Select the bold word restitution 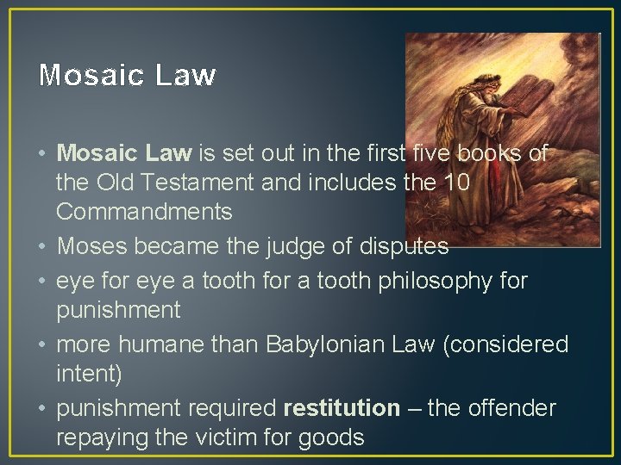342,407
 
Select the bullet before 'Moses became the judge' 42,247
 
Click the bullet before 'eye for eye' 42,281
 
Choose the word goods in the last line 332,437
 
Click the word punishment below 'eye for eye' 118,308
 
